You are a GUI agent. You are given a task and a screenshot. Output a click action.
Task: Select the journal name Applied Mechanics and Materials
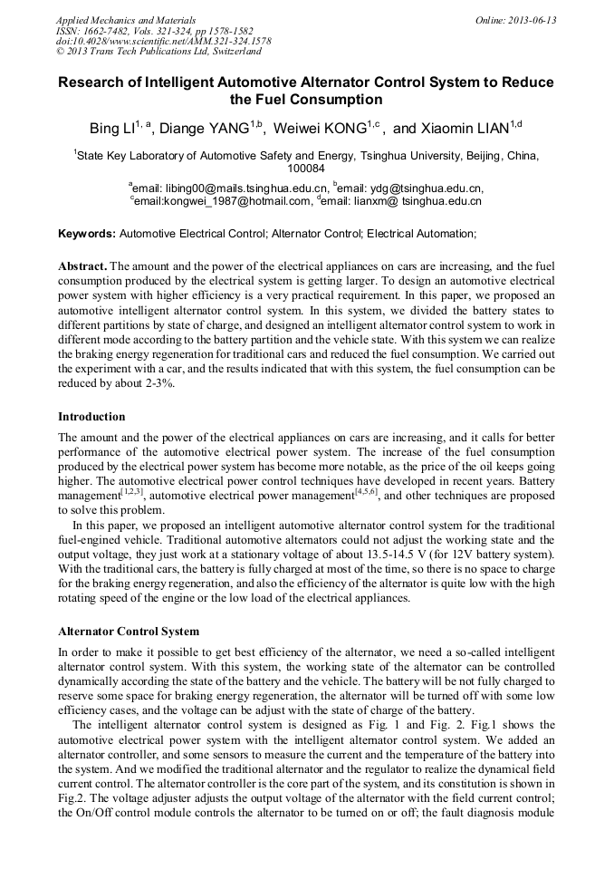pos(125,20)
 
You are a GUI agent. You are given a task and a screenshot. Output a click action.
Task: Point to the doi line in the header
pos(163,42)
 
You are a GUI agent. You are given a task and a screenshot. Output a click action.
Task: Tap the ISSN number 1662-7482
pos(111,31)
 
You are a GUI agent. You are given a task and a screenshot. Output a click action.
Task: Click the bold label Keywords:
pos(87,234)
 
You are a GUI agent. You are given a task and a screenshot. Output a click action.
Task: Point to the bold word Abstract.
pos(82,268)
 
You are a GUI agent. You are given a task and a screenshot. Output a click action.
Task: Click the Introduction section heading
pos(91,417)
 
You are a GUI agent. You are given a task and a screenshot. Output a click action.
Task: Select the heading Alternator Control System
pos(128,631)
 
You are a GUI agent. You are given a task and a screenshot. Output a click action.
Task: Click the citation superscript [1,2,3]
pos(132,492)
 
